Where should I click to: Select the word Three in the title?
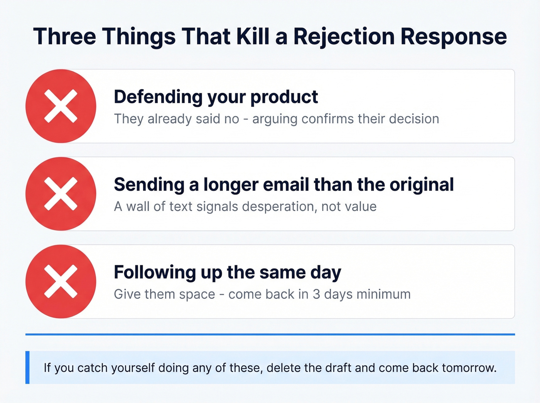pos(64,37)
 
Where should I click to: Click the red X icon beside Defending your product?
pos(61,106)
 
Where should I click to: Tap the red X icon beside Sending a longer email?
pos(61,194)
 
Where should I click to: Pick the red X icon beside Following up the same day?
pos(61,282)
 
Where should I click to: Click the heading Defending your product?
pos(216,97)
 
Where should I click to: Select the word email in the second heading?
pos(290,185)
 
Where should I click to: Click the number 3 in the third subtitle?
pos(316,294)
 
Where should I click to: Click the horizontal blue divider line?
pos(270,334)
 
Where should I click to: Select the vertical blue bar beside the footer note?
pos(27,367)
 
